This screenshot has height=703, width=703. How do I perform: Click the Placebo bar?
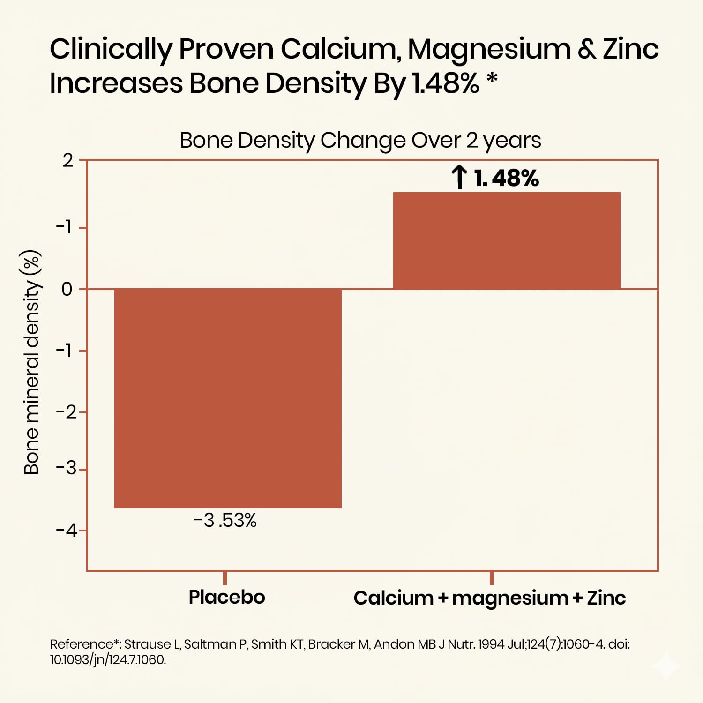click(228, 398)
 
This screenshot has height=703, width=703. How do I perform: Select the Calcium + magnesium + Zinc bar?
click(507, 240)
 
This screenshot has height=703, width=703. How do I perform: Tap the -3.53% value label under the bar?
click(225, 521)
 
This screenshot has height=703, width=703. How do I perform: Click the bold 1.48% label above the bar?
click(507, 179)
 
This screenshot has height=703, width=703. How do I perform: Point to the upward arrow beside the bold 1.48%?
click(459, 177)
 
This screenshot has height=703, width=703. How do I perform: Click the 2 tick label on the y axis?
click(68, 161)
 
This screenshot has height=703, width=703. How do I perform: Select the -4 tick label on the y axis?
click(67, 531)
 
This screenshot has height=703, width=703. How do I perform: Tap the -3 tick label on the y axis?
click(67, 468)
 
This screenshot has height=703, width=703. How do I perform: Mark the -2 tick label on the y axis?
click(67, 412)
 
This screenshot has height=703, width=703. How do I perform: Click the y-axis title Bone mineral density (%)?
click(32, 362)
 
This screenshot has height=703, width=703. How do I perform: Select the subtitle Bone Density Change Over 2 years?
click(360, 140)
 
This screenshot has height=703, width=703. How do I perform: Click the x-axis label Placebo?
click(227, 597)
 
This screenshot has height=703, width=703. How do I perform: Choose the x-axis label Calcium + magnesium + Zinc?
click(489, 598)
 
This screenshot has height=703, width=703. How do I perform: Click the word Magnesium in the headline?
click(489, 49)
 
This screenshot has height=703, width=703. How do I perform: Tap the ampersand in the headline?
click(586, 49)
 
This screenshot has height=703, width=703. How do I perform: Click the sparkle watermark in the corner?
click(667, 666)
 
